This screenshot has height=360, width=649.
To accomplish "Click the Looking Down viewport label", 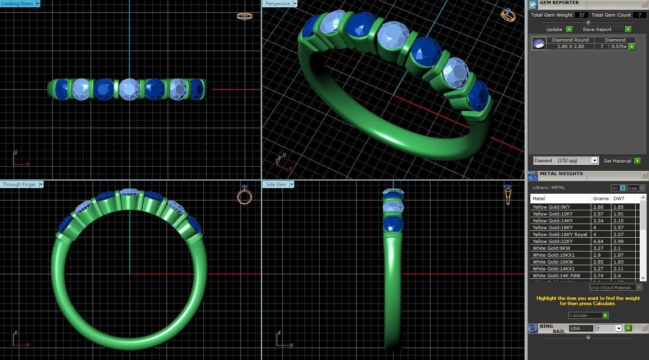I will pyautogui.click(x=18, y=4).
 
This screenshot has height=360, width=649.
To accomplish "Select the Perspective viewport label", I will pyautogui.click(x=277, y=4).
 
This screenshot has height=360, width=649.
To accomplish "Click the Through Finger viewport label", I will pyautogui.click(x=19, y=184).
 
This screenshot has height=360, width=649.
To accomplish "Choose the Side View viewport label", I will pyautogui.click(x=276, y=184).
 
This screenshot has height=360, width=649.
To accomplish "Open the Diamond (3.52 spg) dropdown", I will pyautogui.click(x=565, y=161).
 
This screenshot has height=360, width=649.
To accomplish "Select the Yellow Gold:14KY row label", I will pyautogui.click(x=553, y=221).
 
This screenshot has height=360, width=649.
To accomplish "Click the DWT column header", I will pyautogui.click(x=618, y=199).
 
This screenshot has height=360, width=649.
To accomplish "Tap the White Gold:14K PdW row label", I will pyautogui.click(x=556, y=276).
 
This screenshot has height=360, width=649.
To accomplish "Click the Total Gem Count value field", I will pyautogui.click(x=639, y=15).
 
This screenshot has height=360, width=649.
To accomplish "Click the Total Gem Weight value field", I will pyautogui.click(x=581, y=15).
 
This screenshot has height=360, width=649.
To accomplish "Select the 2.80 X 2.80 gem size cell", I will pyautogui.click(x=570, y=46).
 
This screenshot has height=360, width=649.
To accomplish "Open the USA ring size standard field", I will pyautogui.click(x=581, y=329).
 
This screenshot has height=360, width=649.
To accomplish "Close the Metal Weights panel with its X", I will pyautogui.click(x=644, y=175).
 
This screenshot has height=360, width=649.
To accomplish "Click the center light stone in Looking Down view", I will pyautogui.click(x=129, y=89).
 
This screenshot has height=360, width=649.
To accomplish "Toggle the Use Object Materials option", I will pyautogui.click(x=639, y=287).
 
